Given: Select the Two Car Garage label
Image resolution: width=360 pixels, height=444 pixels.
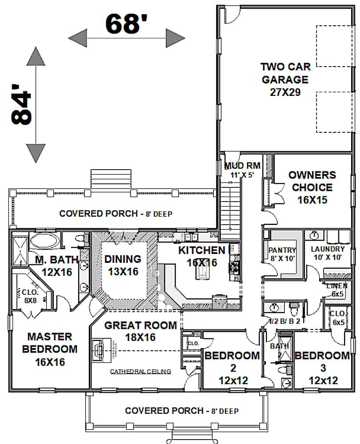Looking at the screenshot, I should click(285, 79).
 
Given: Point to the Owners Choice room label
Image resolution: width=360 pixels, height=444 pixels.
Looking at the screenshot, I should click(312, 187).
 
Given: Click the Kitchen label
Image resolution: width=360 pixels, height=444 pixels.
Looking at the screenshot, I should click(202, 256).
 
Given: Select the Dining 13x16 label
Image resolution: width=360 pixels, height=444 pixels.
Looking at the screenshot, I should click(122, 265).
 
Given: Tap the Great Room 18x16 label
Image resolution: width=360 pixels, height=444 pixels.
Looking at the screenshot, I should click(140, 331).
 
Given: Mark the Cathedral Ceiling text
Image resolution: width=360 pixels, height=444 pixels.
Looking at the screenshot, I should click(140, 371).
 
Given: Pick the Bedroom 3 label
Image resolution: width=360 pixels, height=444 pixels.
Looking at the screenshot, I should click(322, 368).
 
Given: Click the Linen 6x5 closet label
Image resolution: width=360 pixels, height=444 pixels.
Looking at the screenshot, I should click(337, 289).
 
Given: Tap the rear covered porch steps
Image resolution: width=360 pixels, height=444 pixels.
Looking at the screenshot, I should click(111, 179).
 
